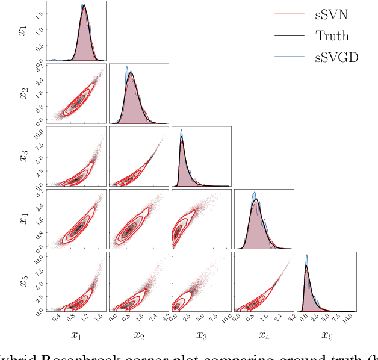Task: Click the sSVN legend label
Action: pos(331,14)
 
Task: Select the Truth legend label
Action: pos(332,36)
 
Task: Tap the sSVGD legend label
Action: pos(336,58)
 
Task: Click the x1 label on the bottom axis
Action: pos(76,335)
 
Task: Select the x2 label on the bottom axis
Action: pos(138,335)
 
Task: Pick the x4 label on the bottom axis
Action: pos(263,335)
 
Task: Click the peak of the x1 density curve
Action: pos(84,5)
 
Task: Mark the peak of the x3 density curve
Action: pos(182,137)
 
